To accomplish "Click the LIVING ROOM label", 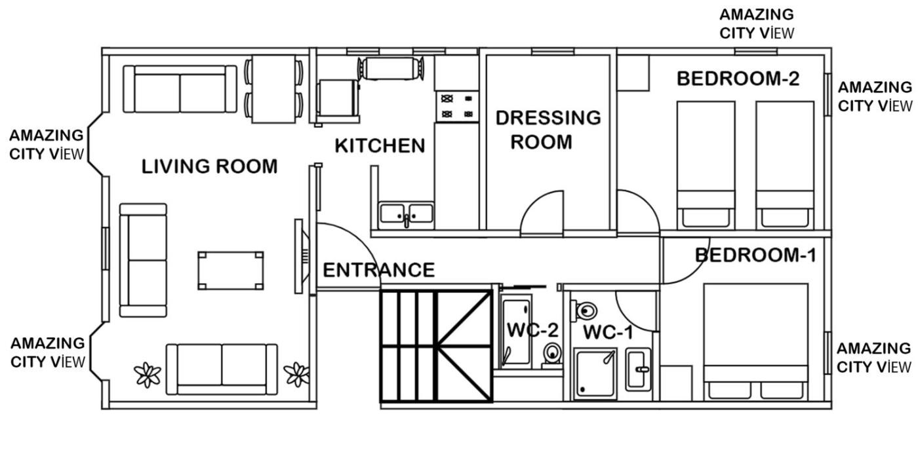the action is [209, 166].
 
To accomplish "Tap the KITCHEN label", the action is [380, 145].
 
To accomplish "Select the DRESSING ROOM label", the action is [548, 130].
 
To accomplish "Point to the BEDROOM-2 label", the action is [738, 79].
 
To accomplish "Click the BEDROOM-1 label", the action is [755, 255].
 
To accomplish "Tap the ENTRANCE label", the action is [379, 270].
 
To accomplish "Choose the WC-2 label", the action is [532, 330].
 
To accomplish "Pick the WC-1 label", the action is [609, 332].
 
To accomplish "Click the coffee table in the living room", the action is [231, 271].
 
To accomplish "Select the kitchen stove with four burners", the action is [457, 106].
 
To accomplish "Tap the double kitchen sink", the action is [406, 214].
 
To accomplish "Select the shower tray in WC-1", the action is [595, 373].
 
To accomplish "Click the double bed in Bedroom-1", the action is [755, 341].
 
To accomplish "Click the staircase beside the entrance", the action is [437, 346].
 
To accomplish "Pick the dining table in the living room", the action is [274, 89].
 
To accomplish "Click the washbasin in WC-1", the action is [638, 370].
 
